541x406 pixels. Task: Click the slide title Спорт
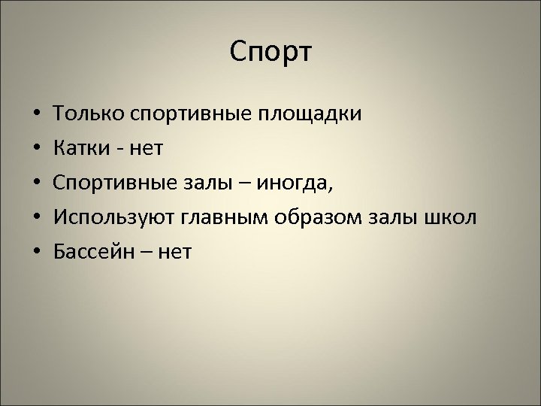click(270, 53)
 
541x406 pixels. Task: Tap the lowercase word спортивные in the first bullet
click(193, 114)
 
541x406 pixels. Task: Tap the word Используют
click(112, 218)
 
